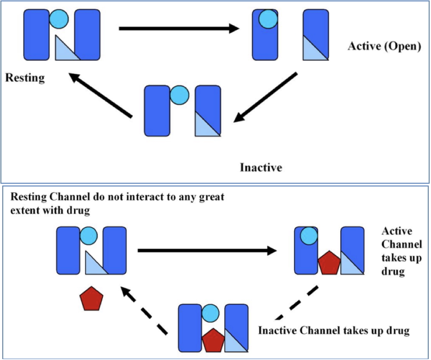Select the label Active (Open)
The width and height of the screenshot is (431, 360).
(384, 46)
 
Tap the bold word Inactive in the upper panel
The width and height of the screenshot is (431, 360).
(261, 167)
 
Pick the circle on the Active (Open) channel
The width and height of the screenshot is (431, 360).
(268, 19)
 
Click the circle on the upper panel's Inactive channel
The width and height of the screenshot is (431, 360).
(179, 95)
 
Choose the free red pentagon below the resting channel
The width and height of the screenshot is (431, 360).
(90, 299)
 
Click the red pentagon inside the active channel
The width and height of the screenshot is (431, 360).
(329, 263)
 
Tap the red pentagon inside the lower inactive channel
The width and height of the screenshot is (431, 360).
(214, 341)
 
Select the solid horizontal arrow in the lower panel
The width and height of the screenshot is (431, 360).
(207, 250)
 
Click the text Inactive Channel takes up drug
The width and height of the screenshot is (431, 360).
(333, 331)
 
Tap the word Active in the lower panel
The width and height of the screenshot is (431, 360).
(397, 231)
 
